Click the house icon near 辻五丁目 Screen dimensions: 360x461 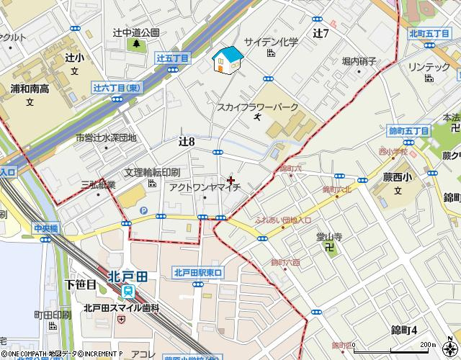pyautogui.click(x=228, y=60)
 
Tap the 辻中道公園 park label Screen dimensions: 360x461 pyautogui.click(x=135, y=32)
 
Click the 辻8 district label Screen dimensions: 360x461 pyautogui.click(x=187, y=141)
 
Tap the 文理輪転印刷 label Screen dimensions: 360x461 pyautogui.click(x=152, y=173)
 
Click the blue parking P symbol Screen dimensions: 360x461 pyautogui.click(x=143, y=210)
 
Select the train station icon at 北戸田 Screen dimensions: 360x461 pyautogui.click(x=129, y=290)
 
